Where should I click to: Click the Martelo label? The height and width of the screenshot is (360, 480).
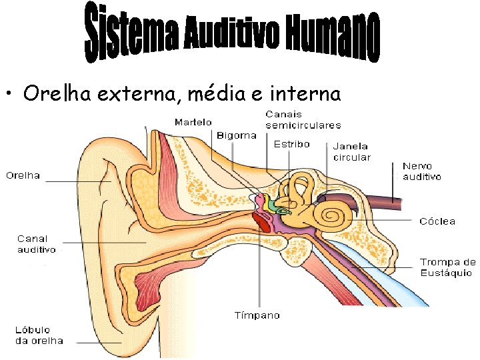click(x=193, y=122)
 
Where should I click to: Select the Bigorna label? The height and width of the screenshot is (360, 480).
click(x=236, y=135)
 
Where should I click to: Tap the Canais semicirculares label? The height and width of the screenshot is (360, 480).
click(x=303, y=119)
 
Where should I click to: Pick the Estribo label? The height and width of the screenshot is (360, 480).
click(x=291, y=144)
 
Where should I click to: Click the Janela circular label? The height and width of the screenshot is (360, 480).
click(x=351, y=151)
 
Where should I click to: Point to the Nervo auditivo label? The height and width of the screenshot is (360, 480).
click(x=422, y=171)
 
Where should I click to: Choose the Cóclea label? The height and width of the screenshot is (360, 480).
click(x=437, y=221)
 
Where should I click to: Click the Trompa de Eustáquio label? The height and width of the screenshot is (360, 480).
click(x=447, y=267)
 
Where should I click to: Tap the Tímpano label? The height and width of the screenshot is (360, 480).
click(x=257, y=315)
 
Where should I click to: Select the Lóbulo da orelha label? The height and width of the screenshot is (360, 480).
click(x=39, y=335)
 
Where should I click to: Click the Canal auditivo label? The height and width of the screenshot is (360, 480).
click(x=36, y=244)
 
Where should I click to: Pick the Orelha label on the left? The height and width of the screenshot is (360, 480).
click(x=23, y=176)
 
